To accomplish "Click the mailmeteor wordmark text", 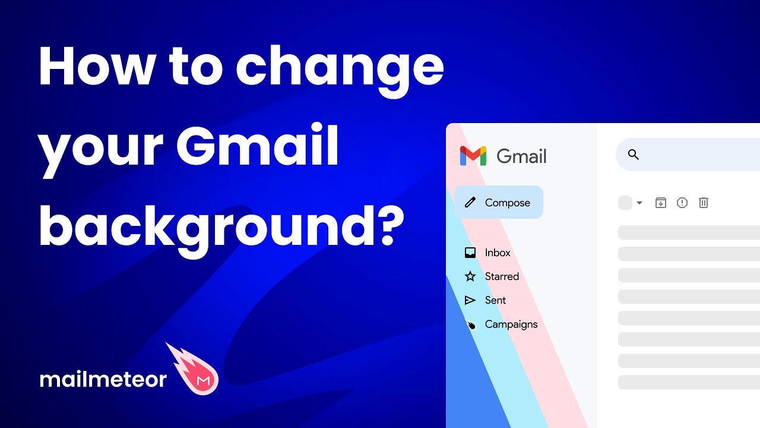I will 103,379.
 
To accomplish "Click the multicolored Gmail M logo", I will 473,156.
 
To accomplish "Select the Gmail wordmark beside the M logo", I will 521,156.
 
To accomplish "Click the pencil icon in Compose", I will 470,203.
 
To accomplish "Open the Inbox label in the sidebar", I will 498,253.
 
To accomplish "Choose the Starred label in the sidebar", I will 502,276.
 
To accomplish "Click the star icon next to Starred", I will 470,276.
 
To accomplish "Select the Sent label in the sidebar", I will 495,300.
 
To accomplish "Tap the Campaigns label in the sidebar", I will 511,324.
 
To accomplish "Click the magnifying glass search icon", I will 634,155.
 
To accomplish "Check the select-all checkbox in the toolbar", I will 625,203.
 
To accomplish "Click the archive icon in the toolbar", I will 661,203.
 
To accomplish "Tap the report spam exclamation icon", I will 682,203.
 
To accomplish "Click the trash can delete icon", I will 704,203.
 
